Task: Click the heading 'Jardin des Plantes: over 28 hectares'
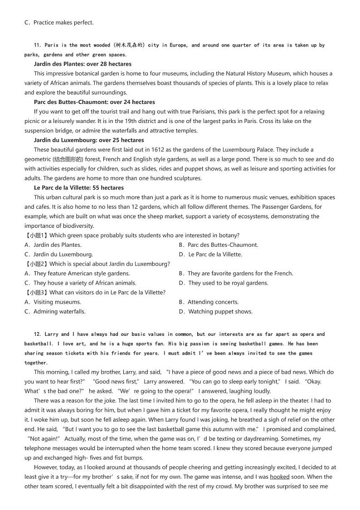point(83,64)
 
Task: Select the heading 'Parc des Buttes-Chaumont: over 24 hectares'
point(94,102)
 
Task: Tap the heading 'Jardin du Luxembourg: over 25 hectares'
point(89,140)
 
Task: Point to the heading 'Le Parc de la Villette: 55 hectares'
point(79,188)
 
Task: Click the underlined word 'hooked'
point(280,477)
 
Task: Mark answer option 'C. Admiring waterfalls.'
point(55,312)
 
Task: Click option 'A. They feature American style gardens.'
point(77,274)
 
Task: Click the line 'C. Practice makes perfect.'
point(59,22)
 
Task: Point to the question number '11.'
point(38,45)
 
